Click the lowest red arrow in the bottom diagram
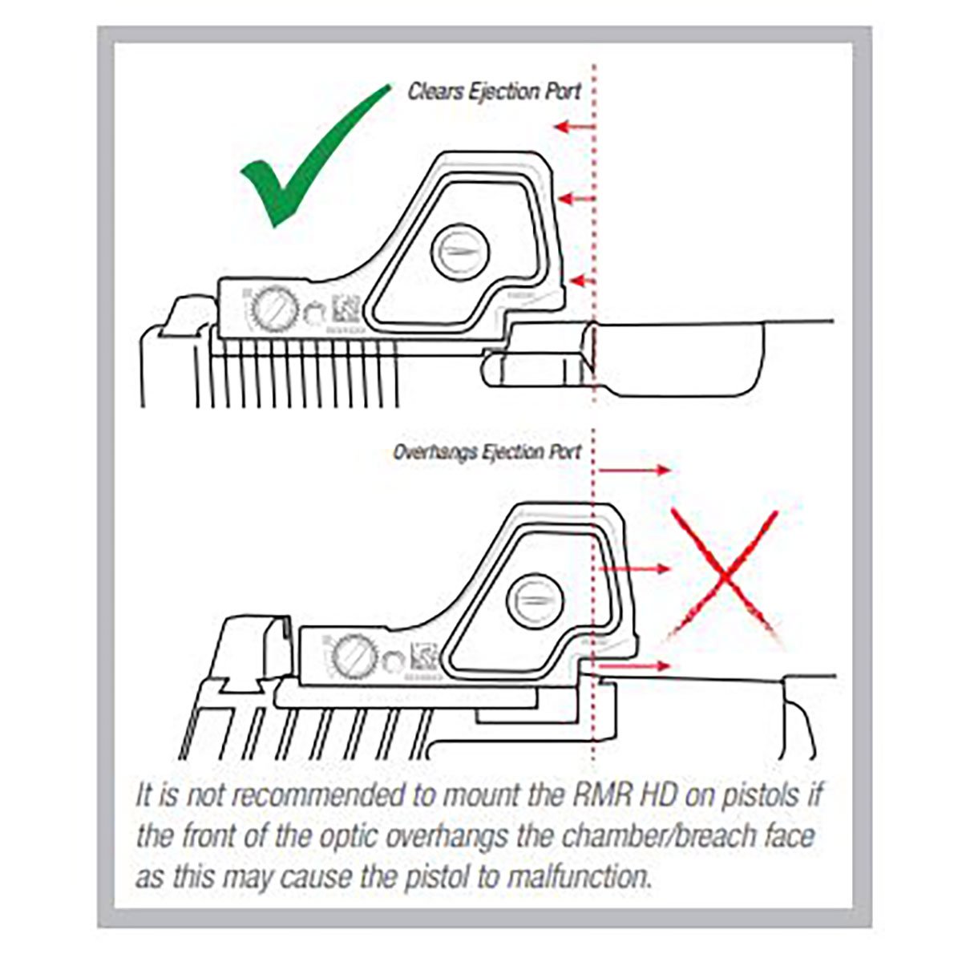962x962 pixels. [x=633, y=666]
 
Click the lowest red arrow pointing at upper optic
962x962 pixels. [x=581, y=280]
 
